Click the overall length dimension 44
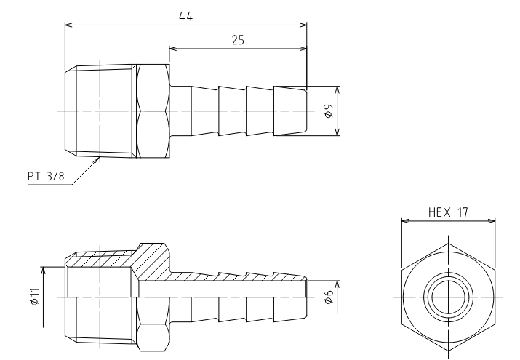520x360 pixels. (x=185, y=16)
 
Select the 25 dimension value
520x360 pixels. (x=238, y=40)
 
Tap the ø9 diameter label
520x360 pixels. (x=328, y=111)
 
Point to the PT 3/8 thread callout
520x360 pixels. (x=46, y=176)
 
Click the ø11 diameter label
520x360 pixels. (x=35, y=297)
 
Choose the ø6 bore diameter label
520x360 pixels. (x=328, y=297)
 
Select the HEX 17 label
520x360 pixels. (x=448, y=212)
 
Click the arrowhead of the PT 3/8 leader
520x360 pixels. (x=97, y=160)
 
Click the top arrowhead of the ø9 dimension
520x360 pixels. (x=337, y=90)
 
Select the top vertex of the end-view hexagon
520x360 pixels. (x=449, y=244)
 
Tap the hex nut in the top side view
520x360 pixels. (x=153, y=111)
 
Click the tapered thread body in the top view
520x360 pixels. (x=100, y=111)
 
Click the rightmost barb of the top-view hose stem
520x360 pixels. (x=290, y=111)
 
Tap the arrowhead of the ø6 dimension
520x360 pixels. (x=337, y=284)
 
